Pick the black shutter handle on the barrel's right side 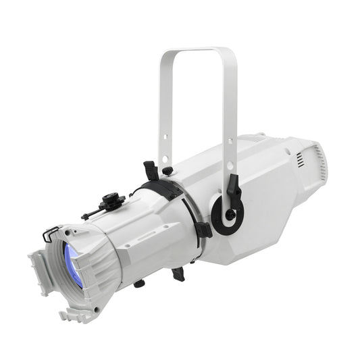[x=203, y=228]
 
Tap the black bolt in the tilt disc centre [x=229, y=215]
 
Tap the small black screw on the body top [x=168, y=170]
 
